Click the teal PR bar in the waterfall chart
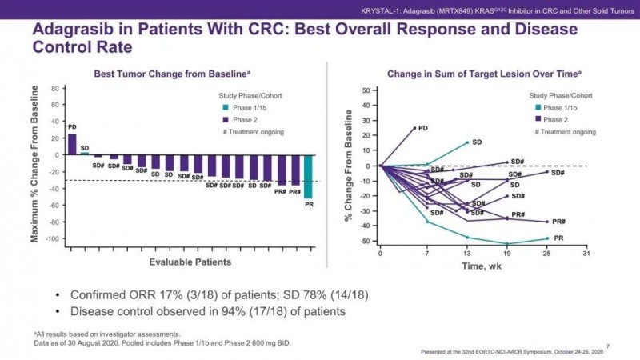(x=308, y=176)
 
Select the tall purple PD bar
(x=72, y=144)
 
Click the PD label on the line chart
(x=423, y=128)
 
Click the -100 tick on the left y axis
(x=51, y=239)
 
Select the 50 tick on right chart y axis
(x=365, y=90)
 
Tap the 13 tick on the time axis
(x=467, y=254)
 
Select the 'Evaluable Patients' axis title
(x=190, y=262)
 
